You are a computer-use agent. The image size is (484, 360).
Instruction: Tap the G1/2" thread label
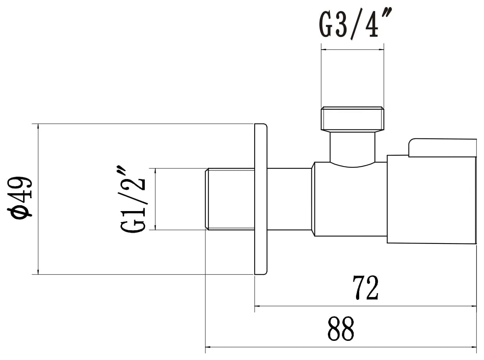(x=133, y=200)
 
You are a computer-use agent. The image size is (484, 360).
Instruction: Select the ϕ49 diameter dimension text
(x=20, y=197)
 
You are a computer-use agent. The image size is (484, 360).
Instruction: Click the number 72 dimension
(x=365, y=288)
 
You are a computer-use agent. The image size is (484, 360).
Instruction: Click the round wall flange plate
(x=261, y=199)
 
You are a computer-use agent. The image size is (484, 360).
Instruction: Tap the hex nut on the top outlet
(x=352, y=119)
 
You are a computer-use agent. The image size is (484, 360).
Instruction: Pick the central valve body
(x=350, y=199)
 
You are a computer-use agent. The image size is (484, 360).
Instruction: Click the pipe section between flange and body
(x=290, y=199)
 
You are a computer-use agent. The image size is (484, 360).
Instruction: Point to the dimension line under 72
(x=365, y=306)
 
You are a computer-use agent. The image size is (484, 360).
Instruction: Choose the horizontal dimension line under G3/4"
(x=352, y=50)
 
